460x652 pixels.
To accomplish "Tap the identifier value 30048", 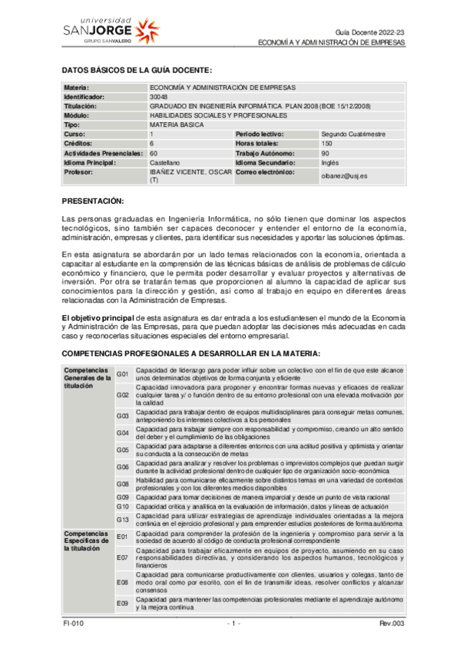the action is coord(159,97).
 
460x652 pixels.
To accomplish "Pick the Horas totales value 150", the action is coord(327,143).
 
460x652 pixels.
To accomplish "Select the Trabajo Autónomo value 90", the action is coord(326,152).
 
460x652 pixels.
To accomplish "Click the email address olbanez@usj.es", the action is coord(345,176).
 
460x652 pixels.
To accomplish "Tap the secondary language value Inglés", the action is coord(330,162).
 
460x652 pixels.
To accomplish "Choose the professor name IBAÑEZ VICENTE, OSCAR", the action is coord(189,172).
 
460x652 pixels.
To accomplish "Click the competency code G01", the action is coord(122,374).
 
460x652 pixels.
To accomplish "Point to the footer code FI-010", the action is coord(74,624).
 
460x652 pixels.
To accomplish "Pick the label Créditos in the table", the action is coord(78,143).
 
